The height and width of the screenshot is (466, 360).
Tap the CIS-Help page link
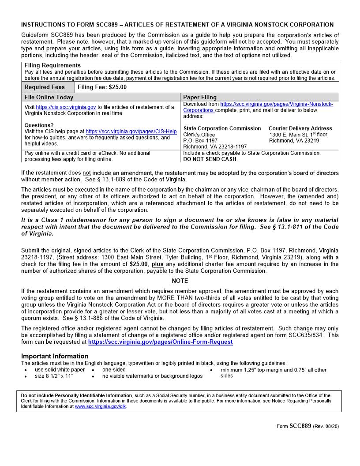point(131,132)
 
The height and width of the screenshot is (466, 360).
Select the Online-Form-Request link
point(160,342)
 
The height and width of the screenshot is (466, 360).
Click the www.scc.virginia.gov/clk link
point(101,406)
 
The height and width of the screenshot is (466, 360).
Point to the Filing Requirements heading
point(52,65)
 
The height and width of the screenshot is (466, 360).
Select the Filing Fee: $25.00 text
point(102,87)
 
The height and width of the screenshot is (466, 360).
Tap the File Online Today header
point(49,97)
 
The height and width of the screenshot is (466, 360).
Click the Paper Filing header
point(200,97)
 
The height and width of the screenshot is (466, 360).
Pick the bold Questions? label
point(39,125)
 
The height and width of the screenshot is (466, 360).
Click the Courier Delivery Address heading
point(300,128)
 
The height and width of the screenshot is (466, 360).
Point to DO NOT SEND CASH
point(210,159)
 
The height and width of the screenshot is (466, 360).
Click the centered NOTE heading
point(180,281)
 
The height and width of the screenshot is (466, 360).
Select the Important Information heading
point(55,356)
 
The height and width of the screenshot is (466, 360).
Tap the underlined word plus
point(157,264)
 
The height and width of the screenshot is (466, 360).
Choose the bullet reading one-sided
point(114,370)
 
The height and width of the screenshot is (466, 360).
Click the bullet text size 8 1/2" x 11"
point(54,376)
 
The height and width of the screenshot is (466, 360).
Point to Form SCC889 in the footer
point(294,426)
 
